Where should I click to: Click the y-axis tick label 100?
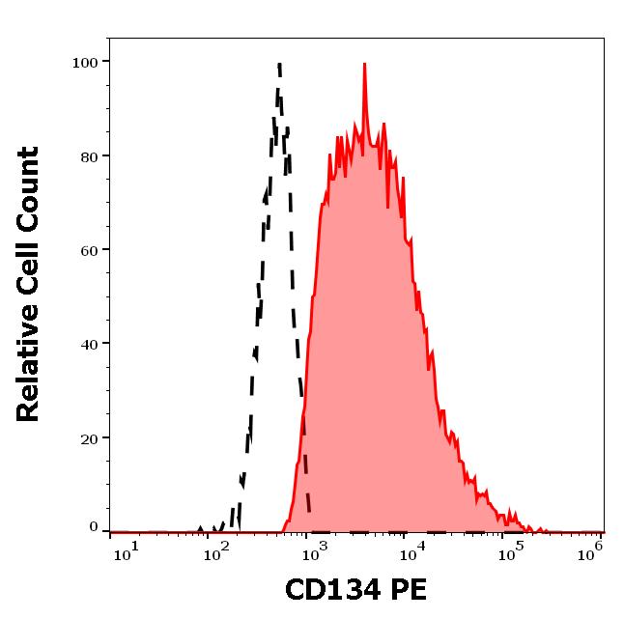(85, 62)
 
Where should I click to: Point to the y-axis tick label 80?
(89, 155)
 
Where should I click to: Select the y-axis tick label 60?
(89, 249)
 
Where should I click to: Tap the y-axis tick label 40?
(89, 343)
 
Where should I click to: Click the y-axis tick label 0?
(94, 528)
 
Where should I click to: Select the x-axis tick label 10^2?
(217, 549)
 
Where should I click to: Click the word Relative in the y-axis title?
(28, 367)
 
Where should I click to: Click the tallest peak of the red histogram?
(364, 66)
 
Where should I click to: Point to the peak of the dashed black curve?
(279, 66)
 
